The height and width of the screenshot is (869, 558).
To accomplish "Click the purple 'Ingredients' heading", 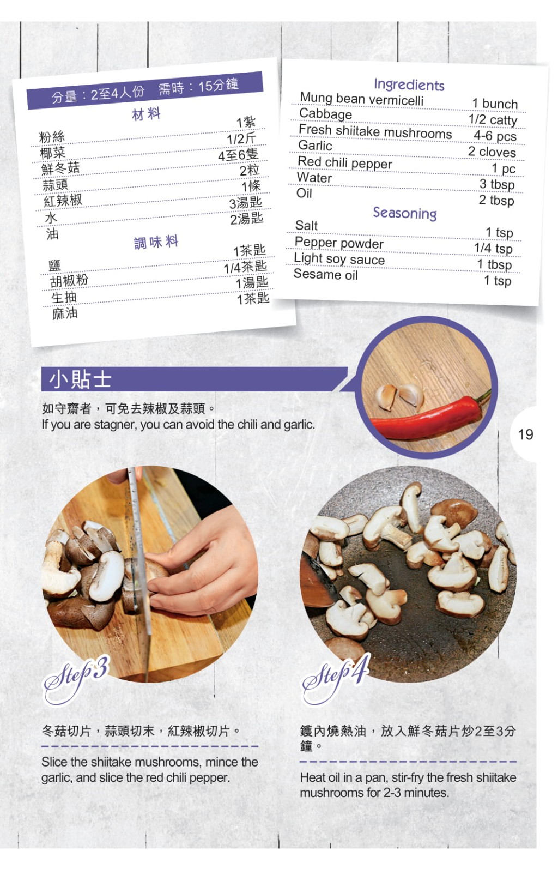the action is click(x=409, y=85).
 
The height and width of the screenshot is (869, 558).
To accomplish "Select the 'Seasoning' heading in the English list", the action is click(x=404, y=213).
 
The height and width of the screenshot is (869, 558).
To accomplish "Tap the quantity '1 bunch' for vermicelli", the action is click(x=495, y=104).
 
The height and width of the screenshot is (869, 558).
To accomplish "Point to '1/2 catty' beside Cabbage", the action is click(x=493, y=120).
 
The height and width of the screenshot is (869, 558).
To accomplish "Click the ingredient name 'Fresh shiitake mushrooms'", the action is click(x=375, y=131).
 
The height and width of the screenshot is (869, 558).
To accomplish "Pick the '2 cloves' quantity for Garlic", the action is click(x=492, y=152).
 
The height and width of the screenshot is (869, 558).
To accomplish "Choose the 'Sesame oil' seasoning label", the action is click(x=325, y=274).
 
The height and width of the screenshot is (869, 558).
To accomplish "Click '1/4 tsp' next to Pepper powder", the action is click(x=493, y=248).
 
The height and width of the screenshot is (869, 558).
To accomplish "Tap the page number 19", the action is click(x=525, y=434).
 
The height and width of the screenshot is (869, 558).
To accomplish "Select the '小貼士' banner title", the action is click(x=80, y=379).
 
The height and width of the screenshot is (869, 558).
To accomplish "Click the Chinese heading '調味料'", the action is click(x=156, y=242).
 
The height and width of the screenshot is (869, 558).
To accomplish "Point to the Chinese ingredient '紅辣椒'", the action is click(x=63, y=201).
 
